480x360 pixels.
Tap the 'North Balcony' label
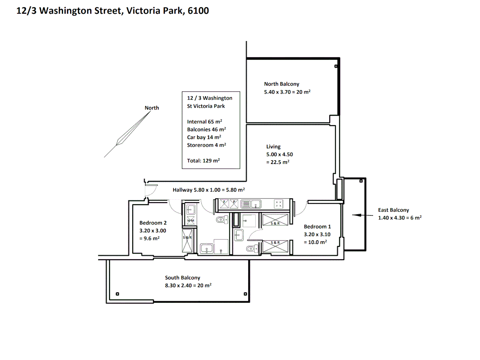click(x=281, y=84)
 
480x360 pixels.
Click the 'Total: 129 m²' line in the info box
click(x=203, y=161)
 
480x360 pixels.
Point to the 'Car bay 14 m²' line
click(x=204, y=137)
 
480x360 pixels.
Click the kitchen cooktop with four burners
click(x=278, y=204)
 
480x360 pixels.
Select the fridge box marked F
click(x=224, y=204)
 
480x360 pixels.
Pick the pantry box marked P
click(x=234, y=204)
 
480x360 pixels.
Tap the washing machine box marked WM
click(x=191, y=220)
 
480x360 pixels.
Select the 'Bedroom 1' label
click(x=317, y=227)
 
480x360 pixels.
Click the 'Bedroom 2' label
click(x=153, y=223)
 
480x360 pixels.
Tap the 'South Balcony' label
click(x=183, y=278)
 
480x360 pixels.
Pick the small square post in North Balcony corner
click(x=336, y=66)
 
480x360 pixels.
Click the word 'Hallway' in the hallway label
click(x=182, y=190)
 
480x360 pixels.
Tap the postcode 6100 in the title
click(x=198, y=11)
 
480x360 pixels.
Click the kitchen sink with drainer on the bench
click(x=251, y=204)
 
